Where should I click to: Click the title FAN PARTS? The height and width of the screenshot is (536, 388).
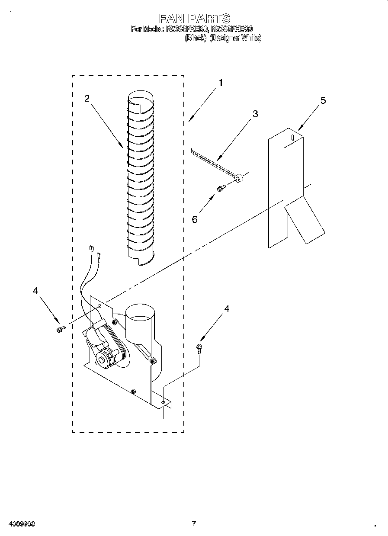click(x=194, y=18)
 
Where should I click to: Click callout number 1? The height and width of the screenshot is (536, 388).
click(x=221, y=83)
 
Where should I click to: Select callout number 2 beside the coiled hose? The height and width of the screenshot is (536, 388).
click(x=87, y=98)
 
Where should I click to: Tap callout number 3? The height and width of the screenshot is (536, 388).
click(x=255, y=114)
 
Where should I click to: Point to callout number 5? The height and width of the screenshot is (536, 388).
click(x=323, y=100)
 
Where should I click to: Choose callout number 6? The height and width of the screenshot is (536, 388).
click(x=195, y=219)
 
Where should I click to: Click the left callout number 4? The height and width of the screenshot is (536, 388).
click(x=35, y=291)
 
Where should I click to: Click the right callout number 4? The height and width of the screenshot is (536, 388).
click(x=226, y=308)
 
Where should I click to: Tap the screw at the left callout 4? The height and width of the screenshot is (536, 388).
click(x=60, y=330)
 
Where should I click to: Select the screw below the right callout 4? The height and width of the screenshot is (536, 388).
click(x=199, y=347)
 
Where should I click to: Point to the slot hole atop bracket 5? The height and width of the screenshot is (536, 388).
click(x=293, y=137)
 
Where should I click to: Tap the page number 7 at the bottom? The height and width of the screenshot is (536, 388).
click(x=194, y=524)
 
